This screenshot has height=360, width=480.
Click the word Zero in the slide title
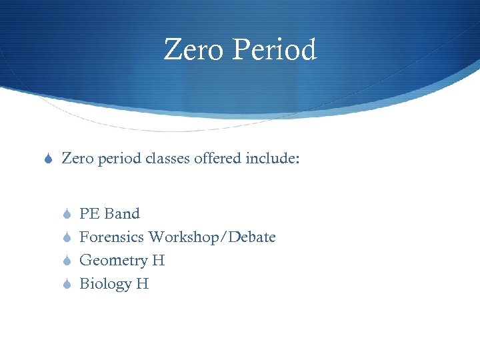[x=192, y=50]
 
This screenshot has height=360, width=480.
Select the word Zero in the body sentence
[x=77, y=158]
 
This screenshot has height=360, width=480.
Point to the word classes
[x=169, y=158]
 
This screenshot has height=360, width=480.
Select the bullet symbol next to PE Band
[x=65, y=215]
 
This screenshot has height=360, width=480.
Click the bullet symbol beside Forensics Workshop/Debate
[x=65, y=238]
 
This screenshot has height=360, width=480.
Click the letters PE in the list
[x=89, y=214]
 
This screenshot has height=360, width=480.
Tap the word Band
[x=122, y=214]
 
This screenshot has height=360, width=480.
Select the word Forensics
[x=112, y=237]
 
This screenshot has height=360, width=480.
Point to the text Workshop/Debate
[x=212, y=237]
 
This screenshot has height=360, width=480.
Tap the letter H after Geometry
[x=158, y=261]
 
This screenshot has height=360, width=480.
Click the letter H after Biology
[x=142, y=284]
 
